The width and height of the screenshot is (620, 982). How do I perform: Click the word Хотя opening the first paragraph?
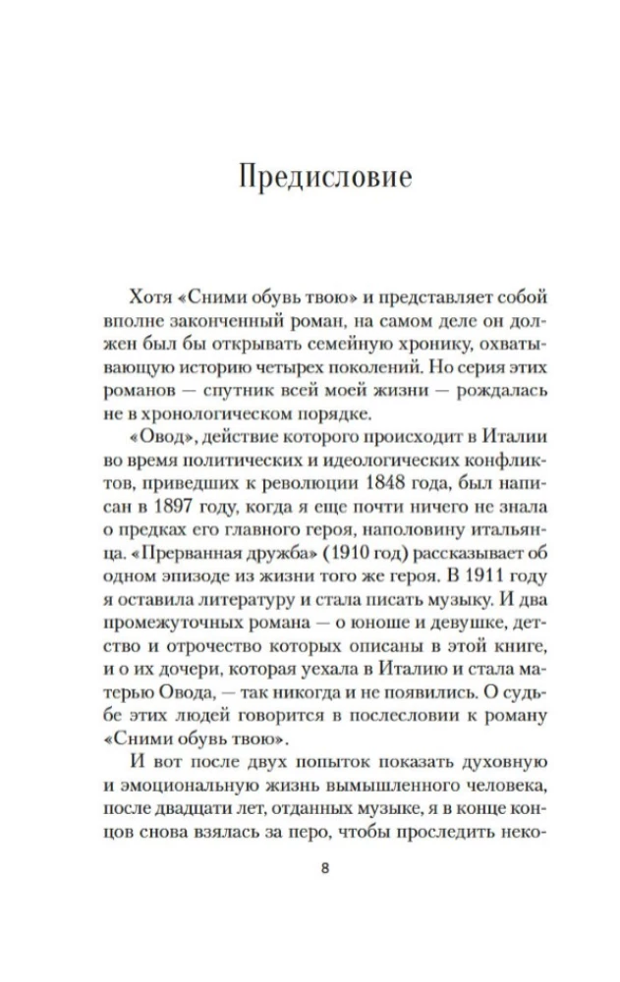149,297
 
